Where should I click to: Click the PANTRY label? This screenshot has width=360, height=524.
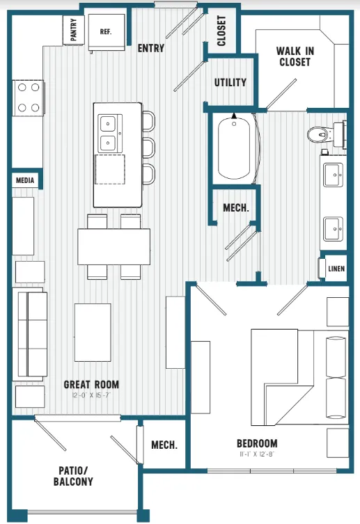click(x=75, y=31)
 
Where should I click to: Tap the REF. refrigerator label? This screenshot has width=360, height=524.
click(x=107, y=31)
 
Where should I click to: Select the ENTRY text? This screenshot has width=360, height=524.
click(x=151, y=48)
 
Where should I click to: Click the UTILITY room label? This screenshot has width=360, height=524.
click(x=230, y=82)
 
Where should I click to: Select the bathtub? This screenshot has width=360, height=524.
click(x=235, y=149)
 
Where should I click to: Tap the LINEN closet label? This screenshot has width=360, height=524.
click(x=336, y=269)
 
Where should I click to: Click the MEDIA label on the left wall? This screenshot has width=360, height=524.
click(x=24, y=180)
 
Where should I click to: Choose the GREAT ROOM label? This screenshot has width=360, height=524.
click(x=91, y=384)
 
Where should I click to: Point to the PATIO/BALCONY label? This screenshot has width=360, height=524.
click(x=73, y=475)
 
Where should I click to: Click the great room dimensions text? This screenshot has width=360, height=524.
click(x=91, y=396)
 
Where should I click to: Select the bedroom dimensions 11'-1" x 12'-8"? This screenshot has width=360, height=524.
click(x=256, y=454)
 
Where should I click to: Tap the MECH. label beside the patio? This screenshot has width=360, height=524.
click(x=164, y=445)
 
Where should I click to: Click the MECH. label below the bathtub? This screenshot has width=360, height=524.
click(x=235, y=208)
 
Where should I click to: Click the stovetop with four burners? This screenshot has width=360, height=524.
click(x=27, y=97)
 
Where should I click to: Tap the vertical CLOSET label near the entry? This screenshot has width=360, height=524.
click(x=222, y=31)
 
